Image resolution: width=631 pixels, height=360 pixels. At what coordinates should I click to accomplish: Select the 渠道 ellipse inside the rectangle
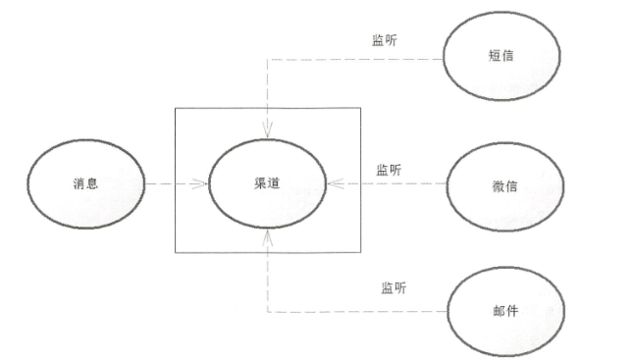pyautogui.click(x=266, y=183)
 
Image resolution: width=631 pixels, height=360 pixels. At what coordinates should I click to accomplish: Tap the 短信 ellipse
pyautogui.click(x=502, y=57)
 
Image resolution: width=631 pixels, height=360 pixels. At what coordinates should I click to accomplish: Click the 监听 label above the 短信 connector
pyautogui.click(x=385, y=40)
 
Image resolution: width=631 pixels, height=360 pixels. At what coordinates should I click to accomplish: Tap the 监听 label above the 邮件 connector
pyautogui.click(x=394, y=288)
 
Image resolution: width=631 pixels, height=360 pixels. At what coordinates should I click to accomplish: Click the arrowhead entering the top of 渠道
pyautogui.click(x=267, y=132)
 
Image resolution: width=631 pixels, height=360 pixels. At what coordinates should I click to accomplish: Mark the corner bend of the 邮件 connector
pyautogui.click(x=267, y=312)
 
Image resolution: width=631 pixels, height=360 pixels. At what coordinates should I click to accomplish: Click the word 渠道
pyautogui.click(x=266, y=183)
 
